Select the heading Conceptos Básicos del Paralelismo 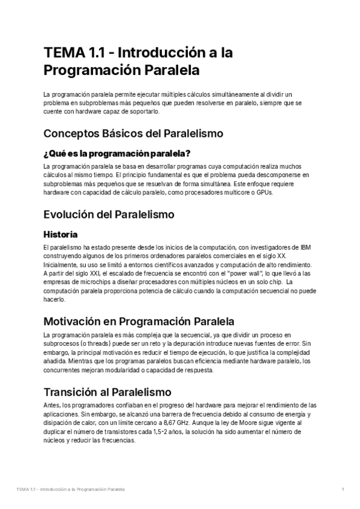click(133, 133)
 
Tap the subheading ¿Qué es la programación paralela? click(121, 152)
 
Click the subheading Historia click(61, 233)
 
